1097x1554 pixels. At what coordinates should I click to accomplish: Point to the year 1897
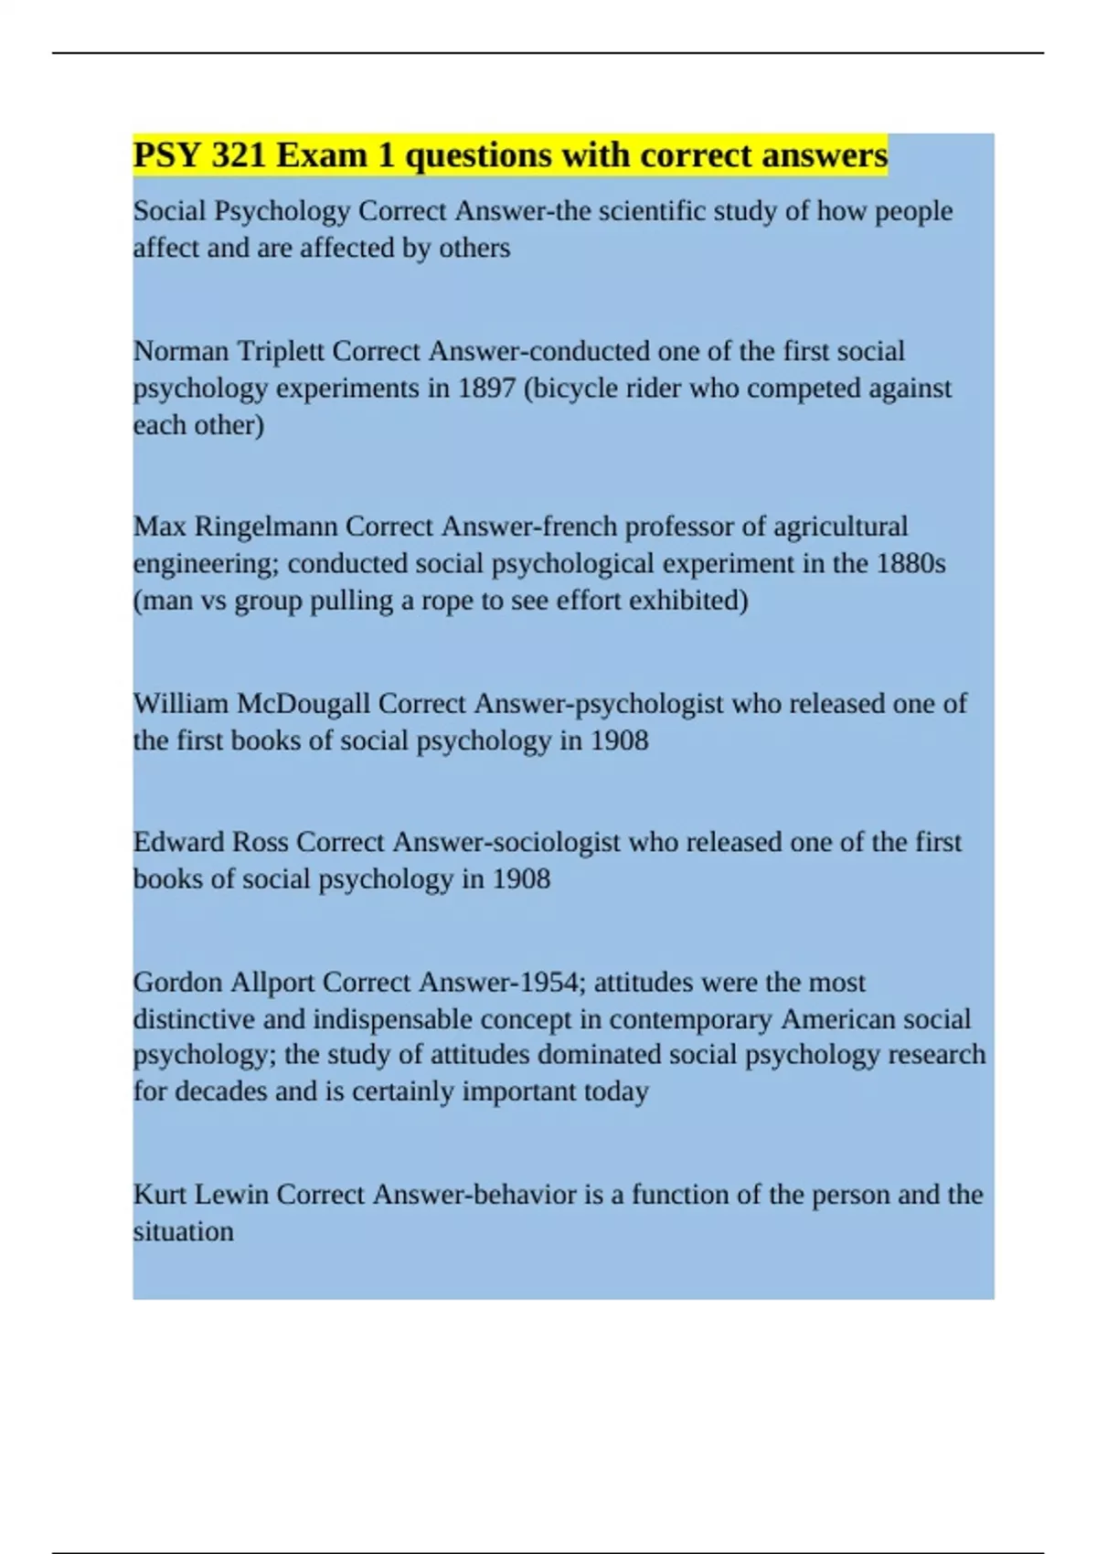(x=486, y=388)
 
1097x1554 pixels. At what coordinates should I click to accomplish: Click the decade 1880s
(x=910, y=563)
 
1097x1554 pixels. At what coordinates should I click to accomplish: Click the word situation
(x=183, y=1232)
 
